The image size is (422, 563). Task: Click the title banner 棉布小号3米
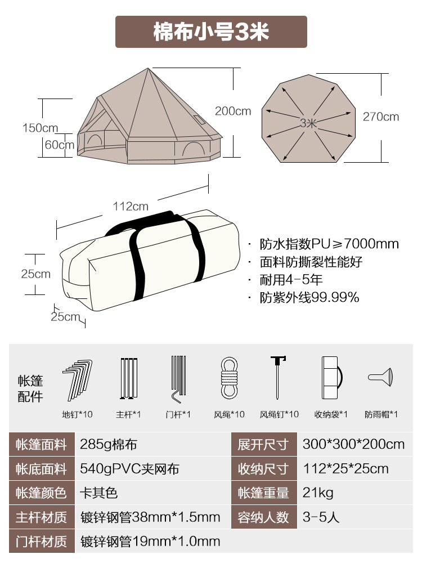point(211,32)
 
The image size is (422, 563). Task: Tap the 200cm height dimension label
point(232,111)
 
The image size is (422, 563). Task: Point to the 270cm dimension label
point(380,117)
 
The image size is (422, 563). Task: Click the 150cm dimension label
point(40,128)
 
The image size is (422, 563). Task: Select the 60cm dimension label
point(59,145)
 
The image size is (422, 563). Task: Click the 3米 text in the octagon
point(308,123)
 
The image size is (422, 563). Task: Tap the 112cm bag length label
point(131,206)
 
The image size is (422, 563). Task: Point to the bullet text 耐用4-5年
point(291,280)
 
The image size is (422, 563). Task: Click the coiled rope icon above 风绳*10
point(229,378)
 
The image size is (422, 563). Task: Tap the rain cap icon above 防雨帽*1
point(381,376)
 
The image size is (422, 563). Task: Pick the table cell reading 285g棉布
point(116,444)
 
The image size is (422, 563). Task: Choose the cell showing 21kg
point(318,493)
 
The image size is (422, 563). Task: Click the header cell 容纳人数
point(263,517)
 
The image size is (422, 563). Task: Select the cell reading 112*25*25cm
point(345,468)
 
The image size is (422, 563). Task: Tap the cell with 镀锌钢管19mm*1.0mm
point(150,542)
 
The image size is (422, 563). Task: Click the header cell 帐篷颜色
point(41,493)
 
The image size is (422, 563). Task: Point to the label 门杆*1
point(178,414)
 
